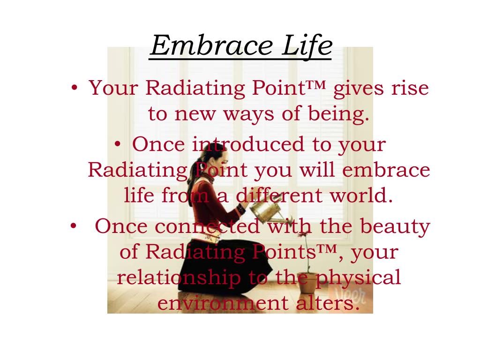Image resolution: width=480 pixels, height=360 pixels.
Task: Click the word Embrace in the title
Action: (211, 45)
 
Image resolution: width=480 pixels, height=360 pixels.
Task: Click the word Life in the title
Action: (307, 45)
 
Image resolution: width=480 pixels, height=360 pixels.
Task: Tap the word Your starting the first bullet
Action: (113, 88)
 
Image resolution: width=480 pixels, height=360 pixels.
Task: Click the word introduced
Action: (248, 144)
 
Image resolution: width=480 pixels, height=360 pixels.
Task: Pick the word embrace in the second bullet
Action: (386, 170)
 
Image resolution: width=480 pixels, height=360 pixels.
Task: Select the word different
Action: (279, 195)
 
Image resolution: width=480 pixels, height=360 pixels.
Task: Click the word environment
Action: (223, 303)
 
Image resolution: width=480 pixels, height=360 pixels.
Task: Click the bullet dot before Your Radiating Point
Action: (75, 88)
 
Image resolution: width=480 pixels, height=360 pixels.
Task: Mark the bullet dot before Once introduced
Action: (118, 144)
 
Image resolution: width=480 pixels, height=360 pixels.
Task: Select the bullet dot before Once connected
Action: (73, 226)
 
